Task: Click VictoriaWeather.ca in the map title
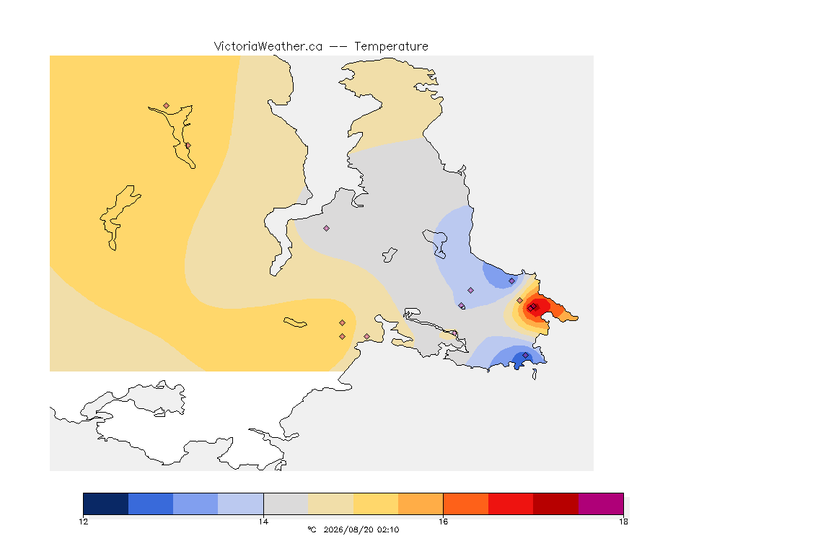(x=268, y=47)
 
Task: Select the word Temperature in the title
(x=391, y=47)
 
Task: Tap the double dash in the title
(x=338, y=47)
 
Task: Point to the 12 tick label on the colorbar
(x=84, y=522)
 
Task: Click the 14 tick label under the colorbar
(x=263, y=522)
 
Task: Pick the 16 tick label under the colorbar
(x=443, y=522)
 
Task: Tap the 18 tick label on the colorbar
(x=623, y=522)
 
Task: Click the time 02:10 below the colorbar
(x=388, y=529)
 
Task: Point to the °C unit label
(x=312, y=529)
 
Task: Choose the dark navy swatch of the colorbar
(x=106, y=504)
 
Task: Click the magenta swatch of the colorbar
(x=600, y=504)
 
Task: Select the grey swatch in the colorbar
(x=286, y=504)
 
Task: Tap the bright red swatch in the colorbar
(x=511, y=504)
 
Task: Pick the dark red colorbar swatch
(x=555, y=504)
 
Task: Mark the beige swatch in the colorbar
(x=330, y=504)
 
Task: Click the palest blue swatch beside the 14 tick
(x=241, y=504)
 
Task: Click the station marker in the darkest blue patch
(x=525, y=355)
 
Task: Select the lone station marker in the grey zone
(x=327, y=229)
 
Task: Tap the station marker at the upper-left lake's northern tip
(x=167, y=106)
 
